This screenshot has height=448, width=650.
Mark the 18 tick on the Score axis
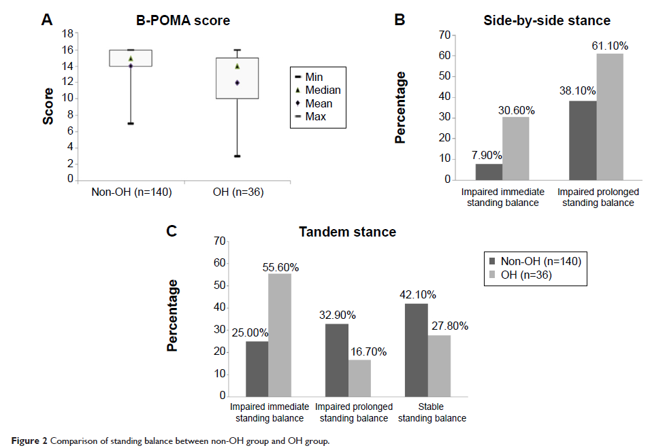[68, 34]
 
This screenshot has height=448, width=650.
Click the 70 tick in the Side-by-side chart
[446, 34]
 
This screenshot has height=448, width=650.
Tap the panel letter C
[173, 231]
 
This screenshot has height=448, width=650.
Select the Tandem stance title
[347, 232]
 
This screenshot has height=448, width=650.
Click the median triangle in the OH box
[237, 67]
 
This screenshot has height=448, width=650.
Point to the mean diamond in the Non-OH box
[131, 66]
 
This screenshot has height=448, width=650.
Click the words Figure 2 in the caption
[27, 441]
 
